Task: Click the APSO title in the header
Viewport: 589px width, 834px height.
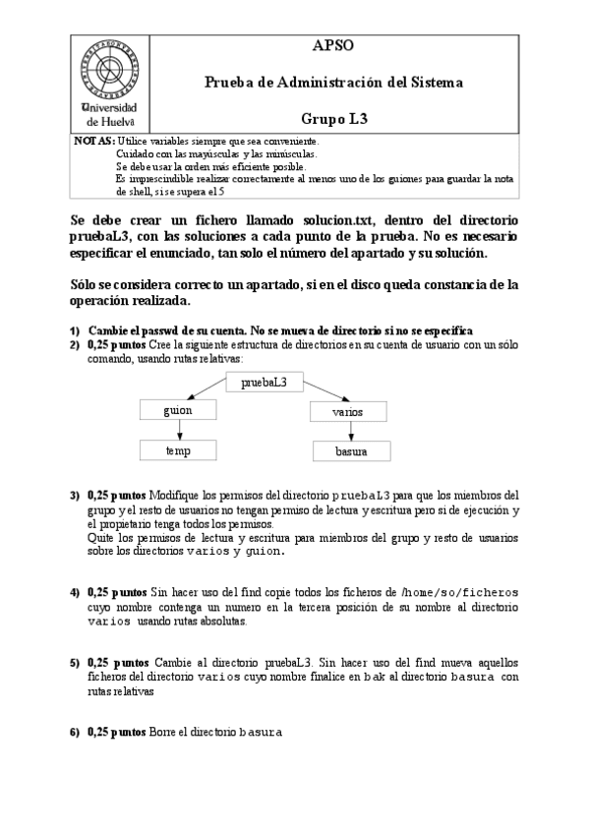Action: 332,46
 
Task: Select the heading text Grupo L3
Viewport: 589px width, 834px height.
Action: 333,118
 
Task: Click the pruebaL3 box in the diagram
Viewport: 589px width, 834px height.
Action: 264,383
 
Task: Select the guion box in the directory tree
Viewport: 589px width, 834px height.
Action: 178,410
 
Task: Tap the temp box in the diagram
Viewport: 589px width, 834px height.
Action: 178,449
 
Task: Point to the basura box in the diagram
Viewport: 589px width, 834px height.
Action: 351,451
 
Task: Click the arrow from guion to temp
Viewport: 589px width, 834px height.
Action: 178,430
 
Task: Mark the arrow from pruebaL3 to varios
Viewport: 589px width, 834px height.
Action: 325,394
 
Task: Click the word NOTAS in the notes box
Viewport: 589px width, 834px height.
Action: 93,142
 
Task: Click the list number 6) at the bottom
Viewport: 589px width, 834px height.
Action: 75,733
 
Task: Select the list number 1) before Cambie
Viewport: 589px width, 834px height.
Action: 75,330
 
